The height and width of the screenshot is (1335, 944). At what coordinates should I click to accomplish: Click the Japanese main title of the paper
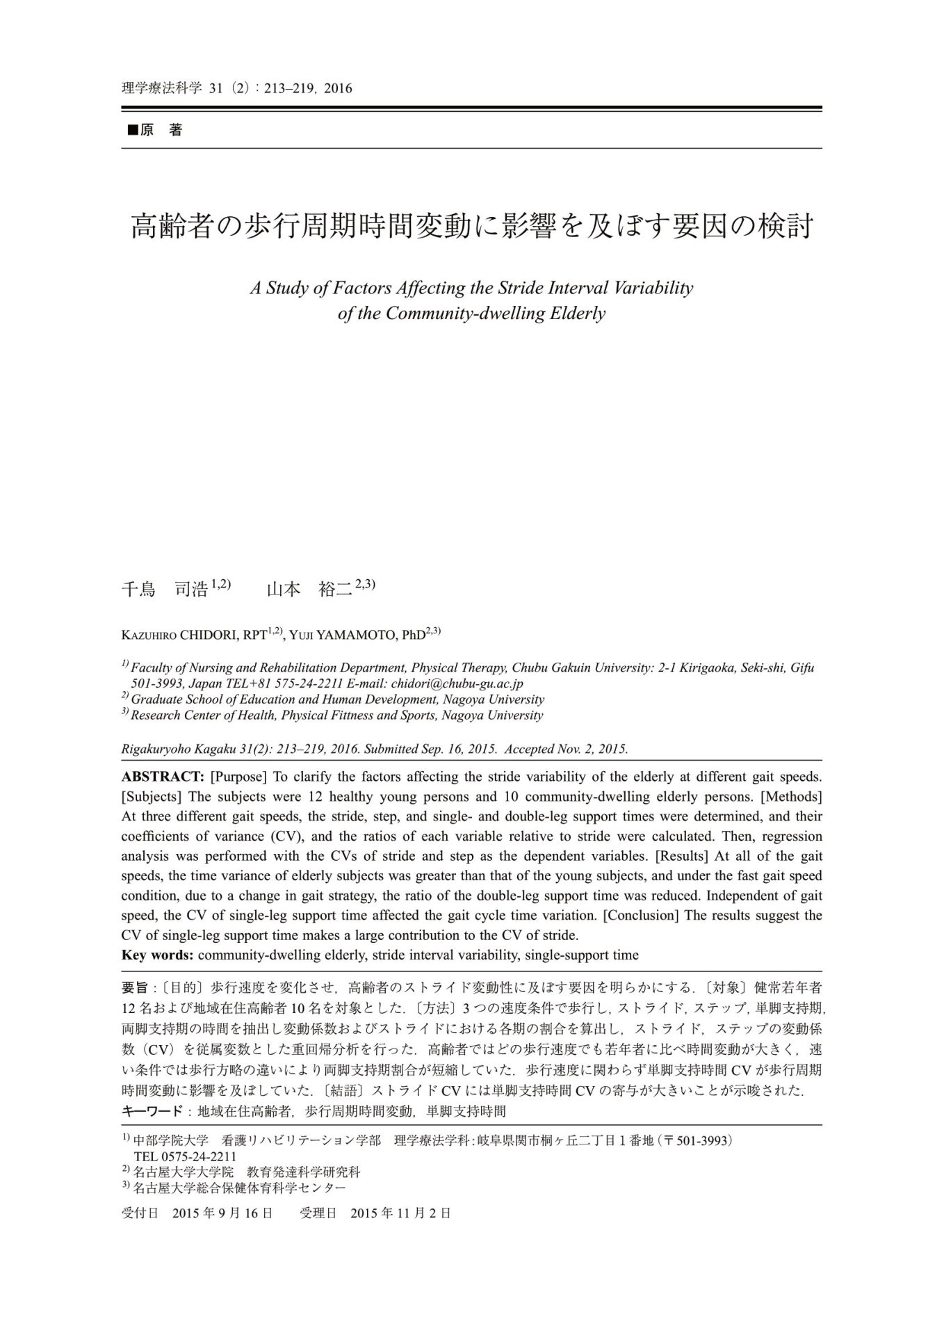coord(471,227)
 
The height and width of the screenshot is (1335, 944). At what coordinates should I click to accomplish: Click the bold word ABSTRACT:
coord(163,777)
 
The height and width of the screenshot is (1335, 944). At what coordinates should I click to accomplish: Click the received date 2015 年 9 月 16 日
coord(222,1213)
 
